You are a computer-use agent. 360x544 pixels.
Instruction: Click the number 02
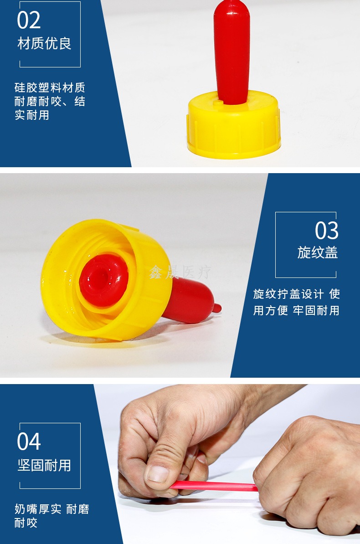pos(29,20)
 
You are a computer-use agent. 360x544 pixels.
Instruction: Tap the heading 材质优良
pos(45,44)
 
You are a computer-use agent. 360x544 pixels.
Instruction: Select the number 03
pos(327,231)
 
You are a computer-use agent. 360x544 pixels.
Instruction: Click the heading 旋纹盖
pos(317,252)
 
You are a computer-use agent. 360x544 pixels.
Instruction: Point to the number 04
pos(29,441)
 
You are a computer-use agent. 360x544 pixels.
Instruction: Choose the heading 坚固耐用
pos(45,465)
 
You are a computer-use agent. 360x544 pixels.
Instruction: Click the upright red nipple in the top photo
pos(231,52)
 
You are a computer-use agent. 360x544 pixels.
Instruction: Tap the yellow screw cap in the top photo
pos(234,125)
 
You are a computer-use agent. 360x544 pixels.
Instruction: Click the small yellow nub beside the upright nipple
pos(217,103)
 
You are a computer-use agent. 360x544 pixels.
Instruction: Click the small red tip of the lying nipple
pos(217,308)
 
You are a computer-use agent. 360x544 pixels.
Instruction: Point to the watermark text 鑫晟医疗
pos(180,272)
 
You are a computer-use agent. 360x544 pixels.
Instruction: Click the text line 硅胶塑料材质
pos(50,87)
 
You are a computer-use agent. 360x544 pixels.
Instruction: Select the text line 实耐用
pos(31,115)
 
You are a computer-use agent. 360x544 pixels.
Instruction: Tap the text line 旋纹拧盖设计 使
pos(297,294)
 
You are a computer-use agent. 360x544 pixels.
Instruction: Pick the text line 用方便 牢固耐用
pos(297,310)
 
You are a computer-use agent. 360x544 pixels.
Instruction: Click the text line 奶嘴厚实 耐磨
pos(52,509)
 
